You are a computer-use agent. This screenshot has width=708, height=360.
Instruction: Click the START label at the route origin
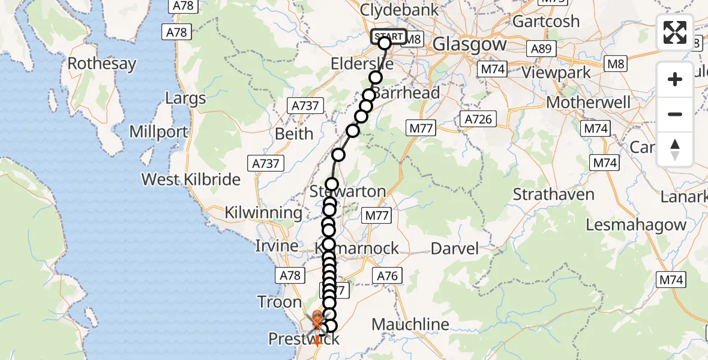pos(389,37)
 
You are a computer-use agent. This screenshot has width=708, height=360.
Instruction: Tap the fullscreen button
pos(675,32)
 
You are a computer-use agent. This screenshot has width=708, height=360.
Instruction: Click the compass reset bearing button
pos(675,149)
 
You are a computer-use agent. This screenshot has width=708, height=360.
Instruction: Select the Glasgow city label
pos(469,44)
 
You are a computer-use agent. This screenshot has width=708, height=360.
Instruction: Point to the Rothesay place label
pos(101,64)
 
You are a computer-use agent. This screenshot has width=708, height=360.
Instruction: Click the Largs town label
pos(185,98)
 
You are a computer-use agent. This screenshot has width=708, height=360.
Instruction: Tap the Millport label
pos(158,131)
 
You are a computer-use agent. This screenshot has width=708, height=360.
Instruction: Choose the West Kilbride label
pos(191,179)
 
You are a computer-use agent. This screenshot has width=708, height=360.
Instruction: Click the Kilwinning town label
pos(263,212)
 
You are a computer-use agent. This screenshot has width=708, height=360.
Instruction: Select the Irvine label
pos(277,246)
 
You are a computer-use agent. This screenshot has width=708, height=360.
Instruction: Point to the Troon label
pos(279,301)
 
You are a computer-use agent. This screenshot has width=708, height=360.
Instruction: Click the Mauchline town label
pos(410,325)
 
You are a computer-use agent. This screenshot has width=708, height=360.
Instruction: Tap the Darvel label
pos(455,248)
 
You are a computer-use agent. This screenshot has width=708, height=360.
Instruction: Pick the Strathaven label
pos(554,194)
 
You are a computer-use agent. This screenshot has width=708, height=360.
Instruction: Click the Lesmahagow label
pos(635,225)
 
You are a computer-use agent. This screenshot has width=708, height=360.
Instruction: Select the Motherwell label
pos(589,102)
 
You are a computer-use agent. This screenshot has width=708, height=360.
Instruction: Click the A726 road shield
pos(478,119)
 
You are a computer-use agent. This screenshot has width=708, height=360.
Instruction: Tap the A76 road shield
pos(387,275)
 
